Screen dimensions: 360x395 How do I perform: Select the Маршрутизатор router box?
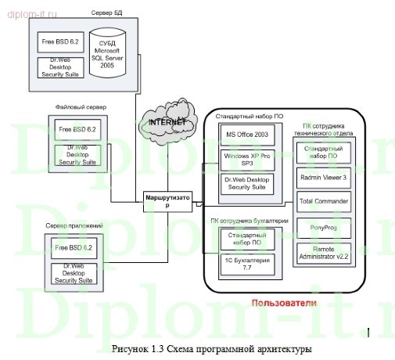[x=166, y=200]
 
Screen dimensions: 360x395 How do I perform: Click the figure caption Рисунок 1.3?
[x=211, y=346]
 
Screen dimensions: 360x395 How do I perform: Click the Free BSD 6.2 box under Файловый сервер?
[x=76, y=128]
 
